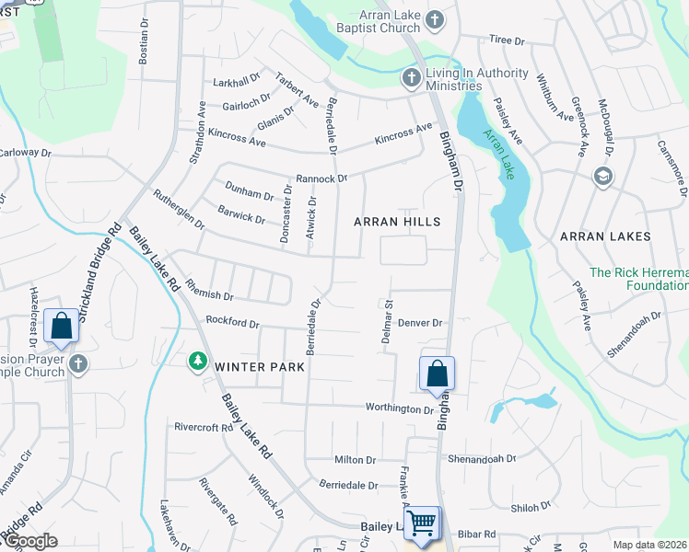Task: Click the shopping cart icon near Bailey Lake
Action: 422,523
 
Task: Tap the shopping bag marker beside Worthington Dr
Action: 437,374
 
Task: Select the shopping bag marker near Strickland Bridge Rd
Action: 61,326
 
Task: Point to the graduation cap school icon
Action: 603,176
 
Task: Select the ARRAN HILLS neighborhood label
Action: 398,222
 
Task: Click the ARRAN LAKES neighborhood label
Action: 605,236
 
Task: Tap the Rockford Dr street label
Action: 233,323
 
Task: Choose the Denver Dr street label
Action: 421,323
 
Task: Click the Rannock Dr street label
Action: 321,178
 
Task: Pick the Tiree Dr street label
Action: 507,40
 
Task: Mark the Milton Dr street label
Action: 356,460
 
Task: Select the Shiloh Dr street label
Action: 531,506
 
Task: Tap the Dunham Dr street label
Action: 250,195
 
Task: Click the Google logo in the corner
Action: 29,541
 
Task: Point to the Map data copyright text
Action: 649,545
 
